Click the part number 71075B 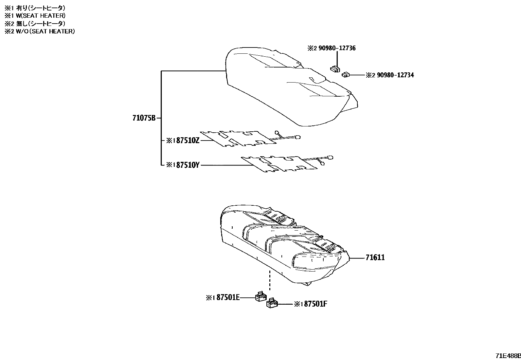144,118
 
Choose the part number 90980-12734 395,75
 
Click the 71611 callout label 375,257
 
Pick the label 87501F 314,304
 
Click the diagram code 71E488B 508,356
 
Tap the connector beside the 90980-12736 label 335,69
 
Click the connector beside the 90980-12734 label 346,75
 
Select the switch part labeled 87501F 272,303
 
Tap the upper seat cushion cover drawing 288,88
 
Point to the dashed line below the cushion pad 270,280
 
